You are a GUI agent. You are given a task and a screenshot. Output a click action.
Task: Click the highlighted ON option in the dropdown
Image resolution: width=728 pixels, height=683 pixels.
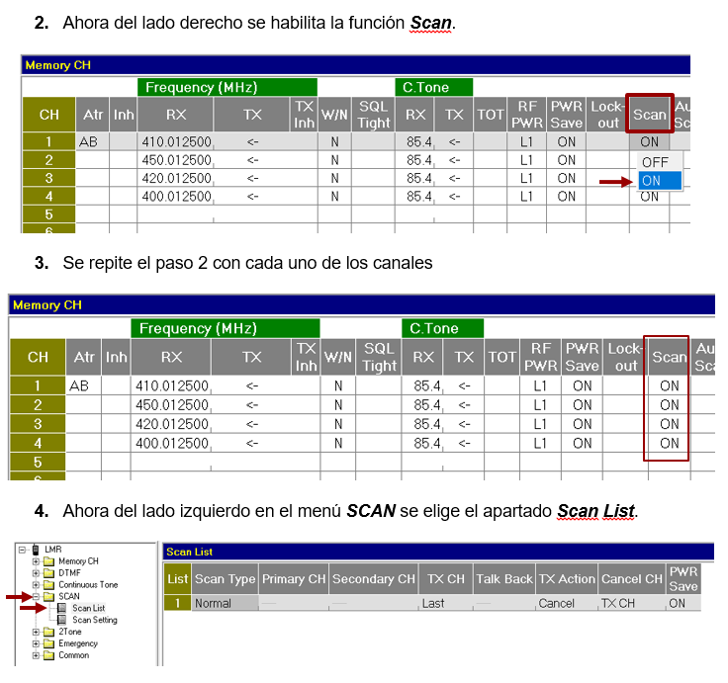[x=660, y=181]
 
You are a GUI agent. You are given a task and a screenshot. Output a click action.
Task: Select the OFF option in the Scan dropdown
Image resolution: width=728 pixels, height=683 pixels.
[x=655, y=162]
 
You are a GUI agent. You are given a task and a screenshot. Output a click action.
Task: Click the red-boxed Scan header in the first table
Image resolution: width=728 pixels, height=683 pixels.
[x=650, y=114]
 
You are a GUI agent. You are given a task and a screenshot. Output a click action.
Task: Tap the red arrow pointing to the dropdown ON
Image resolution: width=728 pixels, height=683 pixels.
[x=616, y=182]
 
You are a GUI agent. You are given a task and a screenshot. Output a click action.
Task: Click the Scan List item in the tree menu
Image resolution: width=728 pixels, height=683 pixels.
[x=88, y=608]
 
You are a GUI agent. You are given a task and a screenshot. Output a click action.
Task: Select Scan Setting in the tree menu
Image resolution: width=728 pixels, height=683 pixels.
[x=95, y=620]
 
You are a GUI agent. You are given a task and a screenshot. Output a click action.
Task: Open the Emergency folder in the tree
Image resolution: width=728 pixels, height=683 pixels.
[x=78, y=643]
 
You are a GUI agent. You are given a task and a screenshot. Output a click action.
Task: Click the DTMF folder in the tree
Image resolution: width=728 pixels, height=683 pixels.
[x=69, y=573]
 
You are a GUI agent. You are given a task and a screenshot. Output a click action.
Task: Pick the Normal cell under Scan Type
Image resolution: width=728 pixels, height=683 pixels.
[x=213, y=603]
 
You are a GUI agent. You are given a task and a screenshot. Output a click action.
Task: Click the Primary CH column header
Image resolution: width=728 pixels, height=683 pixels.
[x=294, y=579]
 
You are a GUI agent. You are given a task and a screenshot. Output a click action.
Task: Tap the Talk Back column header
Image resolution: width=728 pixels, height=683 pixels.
[x=504, y=579]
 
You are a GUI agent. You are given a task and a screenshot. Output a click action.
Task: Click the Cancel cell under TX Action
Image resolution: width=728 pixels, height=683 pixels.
[x=556, y=603]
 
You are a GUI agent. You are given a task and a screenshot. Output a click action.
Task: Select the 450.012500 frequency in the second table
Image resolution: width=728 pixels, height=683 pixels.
[x=172, y=405]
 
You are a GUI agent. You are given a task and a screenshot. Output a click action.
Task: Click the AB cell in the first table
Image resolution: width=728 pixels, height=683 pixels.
[x=88, y=141]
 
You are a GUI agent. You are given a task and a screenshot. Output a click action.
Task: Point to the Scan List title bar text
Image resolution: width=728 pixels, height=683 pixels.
[x=190, y=552]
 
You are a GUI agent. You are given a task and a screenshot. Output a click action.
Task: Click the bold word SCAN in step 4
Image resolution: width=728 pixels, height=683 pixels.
[x=371, y=511]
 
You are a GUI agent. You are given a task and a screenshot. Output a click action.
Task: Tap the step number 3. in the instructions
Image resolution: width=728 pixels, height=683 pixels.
[x=42, y=263]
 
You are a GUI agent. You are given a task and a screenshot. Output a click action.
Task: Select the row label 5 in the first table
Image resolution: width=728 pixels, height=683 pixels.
[x=48, y=214]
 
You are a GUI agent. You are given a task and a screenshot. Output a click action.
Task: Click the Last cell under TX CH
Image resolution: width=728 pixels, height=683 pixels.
[x=433, y=603]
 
